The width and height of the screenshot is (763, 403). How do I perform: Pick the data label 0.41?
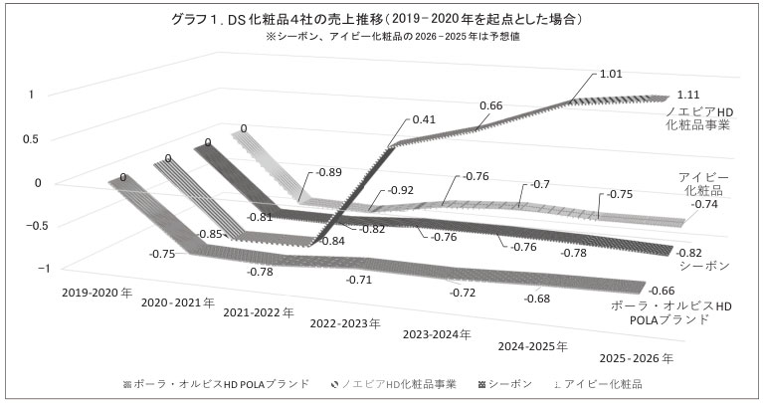pyautogui.click(x=426, y=119)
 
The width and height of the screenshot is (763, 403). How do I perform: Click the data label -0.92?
pyautogui.click(x=403, y=189)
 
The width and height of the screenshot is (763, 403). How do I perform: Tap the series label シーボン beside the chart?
pyautogui.click(x=707, y=267)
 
